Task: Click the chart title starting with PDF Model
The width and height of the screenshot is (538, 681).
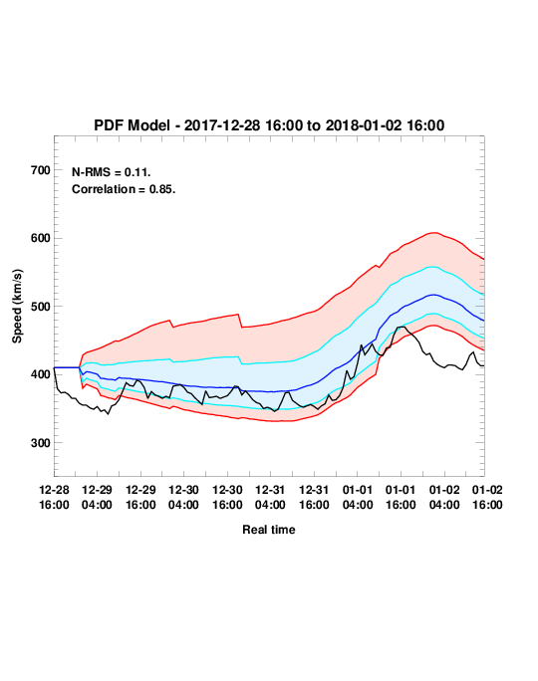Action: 269,125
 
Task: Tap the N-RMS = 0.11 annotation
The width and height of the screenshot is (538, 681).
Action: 112,172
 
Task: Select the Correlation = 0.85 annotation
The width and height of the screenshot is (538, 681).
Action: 124,189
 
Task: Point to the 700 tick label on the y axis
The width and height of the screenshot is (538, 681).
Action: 41,170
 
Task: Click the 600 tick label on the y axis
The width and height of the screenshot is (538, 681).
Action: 41,238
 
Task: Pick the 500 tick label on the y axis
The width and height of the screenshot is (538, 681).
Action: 41,307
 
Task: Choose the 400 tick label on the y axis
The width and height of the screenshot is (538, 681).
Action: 41,374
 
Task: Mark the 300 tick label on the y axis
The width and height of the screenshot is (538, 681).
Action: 41,443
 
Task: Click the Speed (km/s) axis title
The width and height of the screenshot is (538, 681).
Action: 17,307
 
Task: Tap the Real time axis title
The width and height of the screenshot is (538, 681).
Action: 269,530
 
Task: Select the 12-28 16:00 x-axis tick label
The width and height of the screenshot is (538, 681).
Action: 54,497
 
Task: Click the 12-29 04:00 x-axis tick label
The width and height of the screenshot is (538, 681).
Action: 97,497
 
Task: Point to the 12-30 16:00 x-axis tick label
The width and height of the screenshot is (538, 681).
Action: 227,497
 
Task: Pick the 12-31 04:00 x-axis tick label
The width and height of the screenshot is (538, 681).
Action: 270,497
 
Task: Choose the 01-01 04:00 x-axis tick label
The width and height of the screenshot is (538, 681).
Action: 358,497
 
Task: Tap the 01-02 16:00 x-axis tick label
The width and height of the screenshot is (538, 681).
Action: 487,497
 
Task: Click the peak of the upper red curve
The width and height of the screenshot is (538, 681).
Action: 434,233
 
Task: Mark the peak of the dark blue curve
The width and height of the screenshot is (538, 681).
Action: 433,295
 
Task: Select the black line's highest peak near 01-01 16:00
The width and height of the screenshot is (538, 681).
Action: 402,327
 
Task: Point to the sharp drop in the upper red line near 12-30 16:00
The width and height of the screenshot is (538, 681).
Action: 240,321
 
